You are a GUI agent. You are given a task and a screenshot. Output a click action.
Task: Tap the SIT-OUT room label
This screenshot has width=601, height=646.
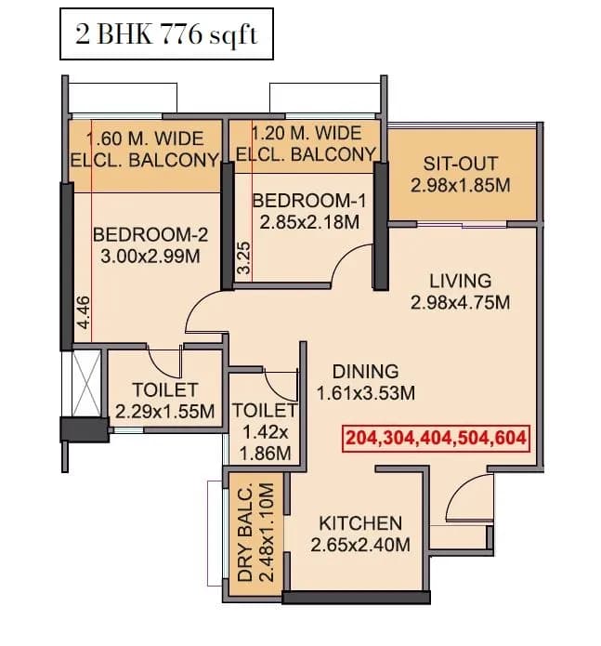461,162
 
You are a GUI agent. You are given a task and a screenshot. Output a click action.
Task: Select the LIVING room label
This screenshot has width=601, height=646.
461,281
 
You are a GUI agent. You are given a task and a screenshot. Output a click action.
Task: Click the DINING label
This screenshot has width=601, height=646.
365,371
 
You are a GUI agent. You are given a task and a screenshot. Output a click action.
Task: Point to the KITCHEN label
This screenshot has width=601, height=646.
360,523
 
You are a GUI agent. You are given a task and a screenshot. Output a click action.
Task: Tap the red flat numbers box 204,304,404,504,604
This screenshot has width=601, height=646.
436,438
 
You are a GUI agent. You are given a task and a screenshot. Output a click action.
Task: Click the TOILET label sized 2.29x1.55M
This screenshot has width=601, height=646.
165,389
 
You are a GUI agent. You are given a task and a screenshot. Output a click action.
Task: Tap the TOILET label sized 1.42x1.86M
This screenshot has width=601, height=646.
264,410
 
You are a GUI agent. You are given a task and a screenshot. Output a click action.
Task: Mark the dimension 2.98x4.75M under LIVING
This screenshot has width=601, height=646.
461,302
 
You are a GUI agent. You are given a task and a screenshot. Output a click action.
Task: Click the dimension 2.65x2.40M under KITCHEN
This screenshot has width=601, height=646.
360,545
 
